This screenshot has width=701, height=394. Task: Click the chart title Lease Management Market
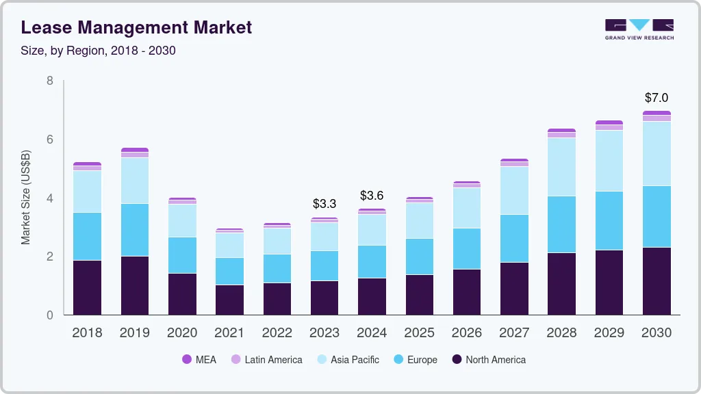tap(136, 27)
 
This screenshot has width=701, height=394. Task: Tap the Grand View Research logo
tap(639, 29)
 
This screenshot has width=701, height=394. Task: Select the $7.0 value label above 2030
tap(657, 98)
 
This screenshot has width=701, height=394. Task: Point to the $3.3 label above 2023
tap(324, 204)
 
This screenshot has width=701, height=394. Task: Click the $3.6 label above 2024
tap(372, 196)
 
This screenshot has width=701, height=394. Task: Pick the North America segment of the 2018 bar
tap(88, 287)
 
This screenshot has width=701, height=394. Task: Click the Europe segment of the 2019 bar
tap(135, 230)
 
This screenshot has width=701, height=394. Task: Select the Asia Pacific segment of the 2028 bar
tap(561, 167)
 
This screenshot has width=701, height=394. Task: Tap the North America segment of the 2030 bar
tap(657, 280)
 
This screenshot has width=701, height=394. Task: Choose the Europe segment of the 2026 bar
tap(467, 248)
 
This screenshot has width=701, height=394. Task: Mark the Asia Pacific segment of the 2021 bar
tap(229, 245)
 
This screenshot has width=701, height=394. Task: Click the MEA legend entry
tap(199, 360)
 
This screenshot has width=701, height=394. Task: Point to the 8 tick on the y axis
tap(49, 81)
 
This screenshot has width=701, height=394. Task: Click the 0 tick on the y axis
tap(49, 315)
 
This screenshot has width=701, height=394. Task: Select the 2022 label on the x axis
tap(277, 333)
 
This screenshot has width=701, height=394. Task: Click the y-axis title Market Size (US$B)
tap(26, 197)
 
